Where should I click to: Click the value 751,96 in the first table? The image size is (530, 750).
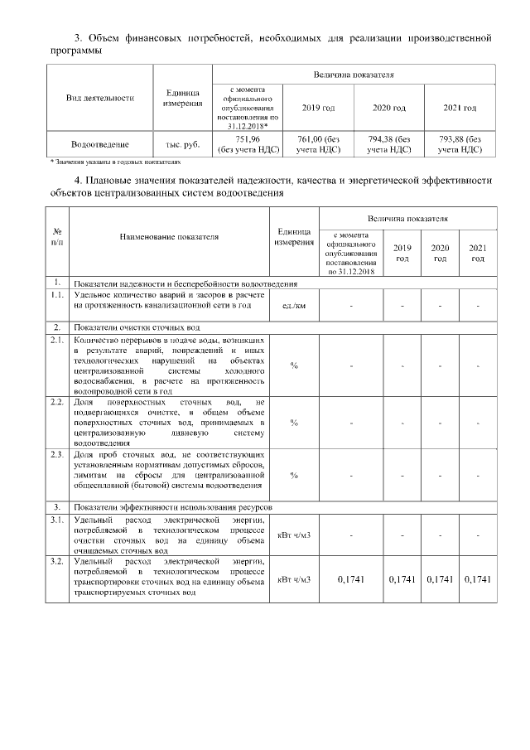tap(248, 139)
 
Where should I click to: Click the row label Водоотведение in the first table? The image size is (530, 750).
tap(100, 144)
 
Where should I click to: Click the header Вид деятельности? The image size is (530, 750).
tap(100, 98)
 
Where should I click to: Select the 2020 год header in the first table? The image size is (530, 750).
tap(388, 109)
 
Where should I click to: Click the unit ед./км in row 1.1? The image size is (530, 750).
tap(293, 306)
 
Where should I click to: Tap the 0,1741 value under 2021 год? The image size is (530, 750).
tap(477, 578)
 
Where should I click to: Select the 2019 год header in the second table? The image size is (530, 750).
tap(402, 254)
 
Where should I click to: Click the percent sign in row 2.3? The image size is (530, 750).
tap(293, 475)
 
